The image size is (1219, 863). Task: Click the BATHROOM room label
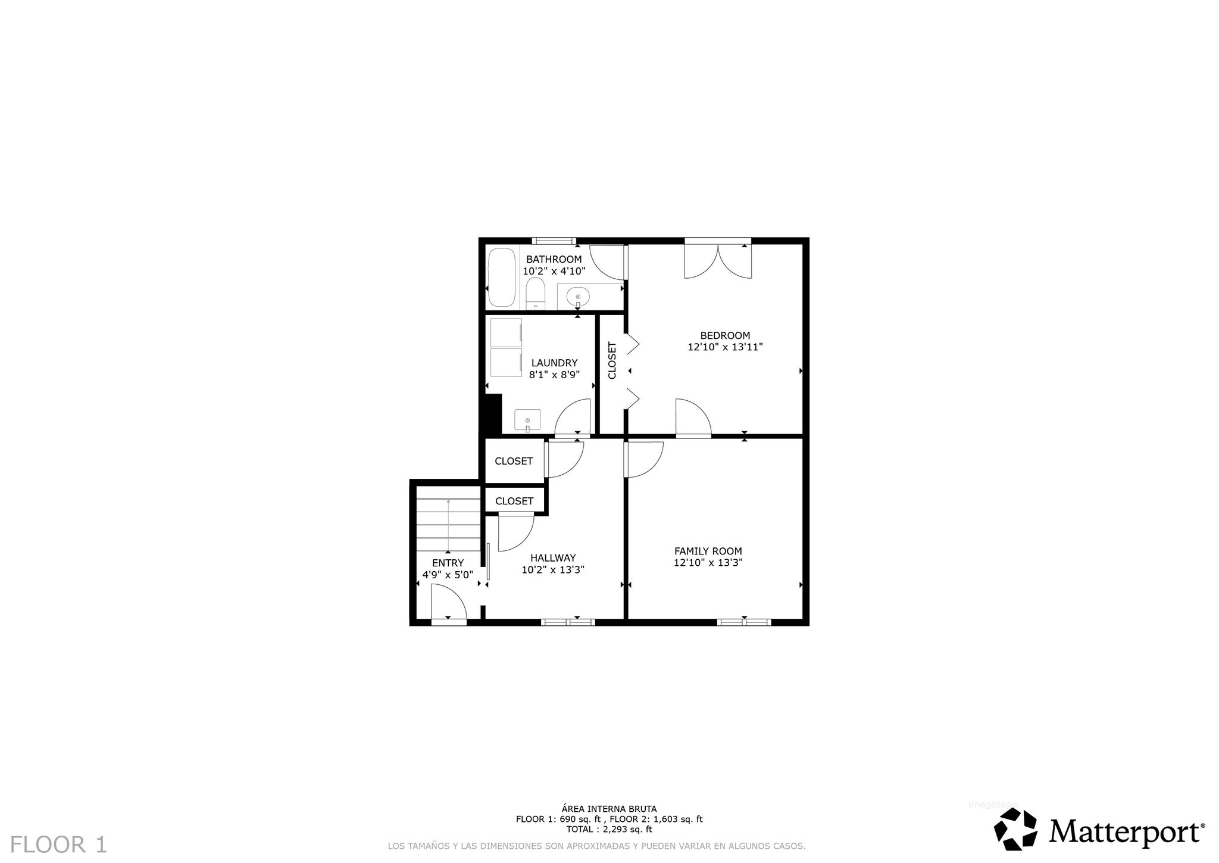coord(554,260)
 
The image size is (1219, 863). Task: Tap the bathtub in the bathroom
coord(502,278)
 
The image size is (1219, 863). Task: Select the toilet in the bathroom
coord(536,295)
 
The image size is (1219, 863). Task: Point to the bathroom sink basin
coord(578,296)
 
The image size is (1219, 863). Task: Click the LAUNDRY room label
coord(554,363)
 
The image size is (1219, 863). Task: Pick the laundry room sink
coord(527,420)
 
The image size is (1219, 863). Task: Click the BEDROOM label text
coord(725,335)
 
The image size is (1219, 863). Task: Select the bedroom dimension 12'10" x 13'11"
coord(725,347)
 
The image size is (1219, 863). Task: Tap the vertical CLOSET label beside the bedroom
coord(612,360)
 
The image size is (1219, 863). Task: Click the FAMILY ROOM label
coord(708,552)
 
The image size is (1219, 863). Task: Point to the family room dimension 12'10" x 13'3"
coord(708,563)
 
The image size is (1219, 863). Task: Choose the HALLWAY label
coord(553,558)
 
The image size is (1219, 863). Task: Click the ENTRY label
coord(448,563)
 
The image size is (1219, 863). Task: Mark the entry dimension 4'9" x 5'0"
coord(448,575)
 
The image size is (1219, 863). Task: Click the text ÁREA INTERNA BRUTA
coord(609,809)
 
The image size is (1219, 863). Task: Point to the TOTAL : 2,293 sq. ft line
coord(609,829)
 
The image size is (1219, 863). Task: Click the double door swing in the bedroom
coord(718,261)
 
